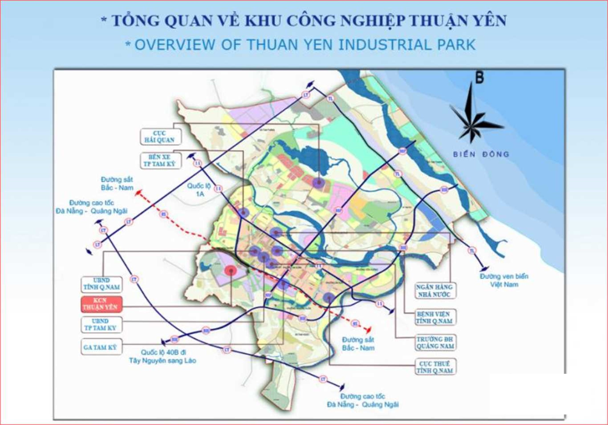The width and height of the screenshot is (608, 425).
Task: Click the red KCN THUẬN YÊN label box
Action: [102, 304]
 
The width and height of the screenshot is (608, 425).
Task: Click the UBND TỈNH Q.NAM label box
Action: [102, 284]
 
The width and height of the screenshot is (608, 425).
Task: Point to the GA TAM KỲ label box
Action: [101, 347]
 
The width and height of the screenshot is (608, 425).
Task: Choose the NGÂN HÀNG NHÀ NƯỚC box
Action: [435, 290]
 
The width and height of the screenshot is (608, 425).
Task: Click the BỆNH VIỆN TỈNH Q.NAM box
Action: [434, 317]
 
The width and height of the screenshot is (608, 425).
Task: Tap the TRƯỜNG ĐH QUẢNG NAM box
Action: [435, 343]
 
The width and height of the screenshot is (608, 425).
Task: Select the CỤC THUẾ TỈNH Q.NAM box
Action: [435, 367]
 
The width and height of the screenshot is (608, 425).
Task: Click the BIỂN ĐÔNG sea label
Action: [481, 154]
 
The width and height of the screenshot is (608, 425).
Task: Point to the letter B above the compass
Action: [479, 78]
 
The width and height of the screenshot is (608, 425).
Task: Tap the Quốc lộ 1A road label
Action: [199, 190]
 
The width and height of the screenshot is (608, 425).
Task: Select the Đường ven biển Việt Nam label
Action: [504, 280]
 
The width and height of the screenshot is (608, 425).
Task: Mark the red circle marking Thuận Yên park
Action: [231, 271]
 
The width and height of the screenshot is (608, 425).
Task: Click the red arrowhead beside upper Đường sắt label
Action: [138, 193]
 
